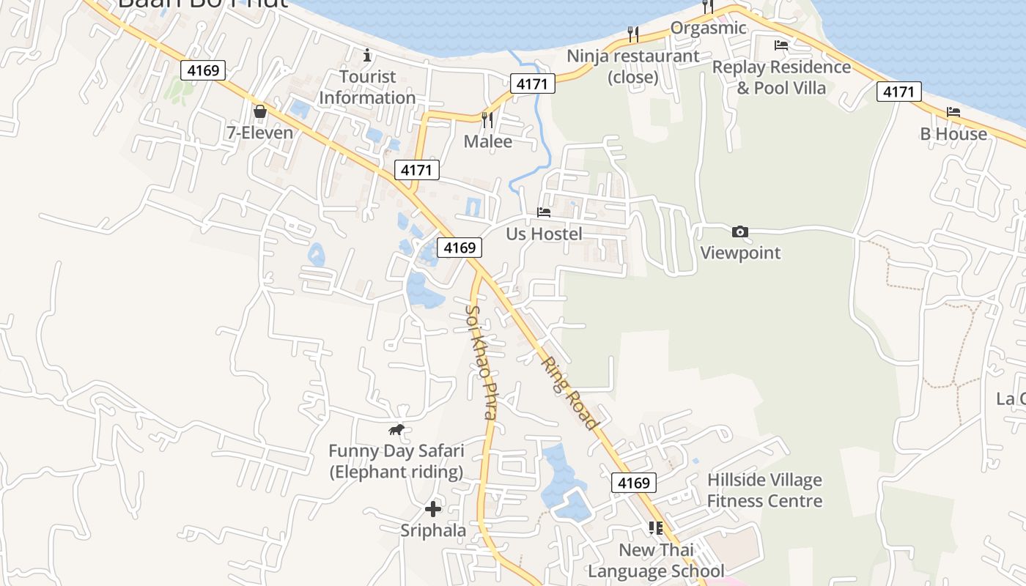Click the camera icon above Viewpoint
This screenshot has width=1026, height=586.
[x=740, y=232]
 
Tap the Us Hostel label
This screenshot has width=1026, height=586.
[x=545, y=234]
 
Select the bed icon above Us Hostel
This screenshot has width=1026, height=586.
[x=544, y=212]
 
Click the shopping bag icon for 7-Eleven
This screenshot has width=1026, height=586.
[x=259, y=111]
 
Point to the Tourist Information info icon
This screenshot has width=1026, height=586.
[x=367, y=55]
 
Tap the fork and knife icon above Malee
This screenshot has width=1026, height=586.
[x=487, y=119]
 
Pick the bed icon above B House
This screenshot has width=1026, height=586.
[x=953, y=112]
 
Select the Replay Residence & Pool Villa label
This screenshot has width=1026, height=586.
[x=781, y=78]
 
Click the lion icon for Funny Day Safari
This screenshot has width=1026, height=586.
[x=396, y=429]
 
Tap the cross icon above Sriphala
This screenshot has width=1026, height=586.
[x=433, y=508]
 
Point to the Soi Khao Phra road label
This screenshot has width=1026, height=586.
[x=481, y=362]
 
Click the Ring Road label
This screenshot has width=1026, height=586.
[x=570, y=393]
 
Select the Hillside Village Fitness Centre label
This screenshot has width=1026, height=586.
[x=764, y=491]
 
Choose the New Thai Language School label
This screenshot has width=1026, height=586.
[x=656, y=560]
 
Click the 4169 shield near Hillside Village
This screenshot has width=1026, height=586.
[x=633, y=483]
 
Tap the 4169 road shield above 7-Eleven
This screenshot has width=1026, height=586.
[x=203, y=70]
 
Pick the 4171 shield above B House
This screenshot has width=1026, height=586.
[x=898, y=92]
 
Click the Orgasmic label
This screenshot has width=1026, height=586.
[x=709, y=29]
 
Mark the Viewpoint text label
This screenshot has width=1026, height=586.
[x=740, y=253]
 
